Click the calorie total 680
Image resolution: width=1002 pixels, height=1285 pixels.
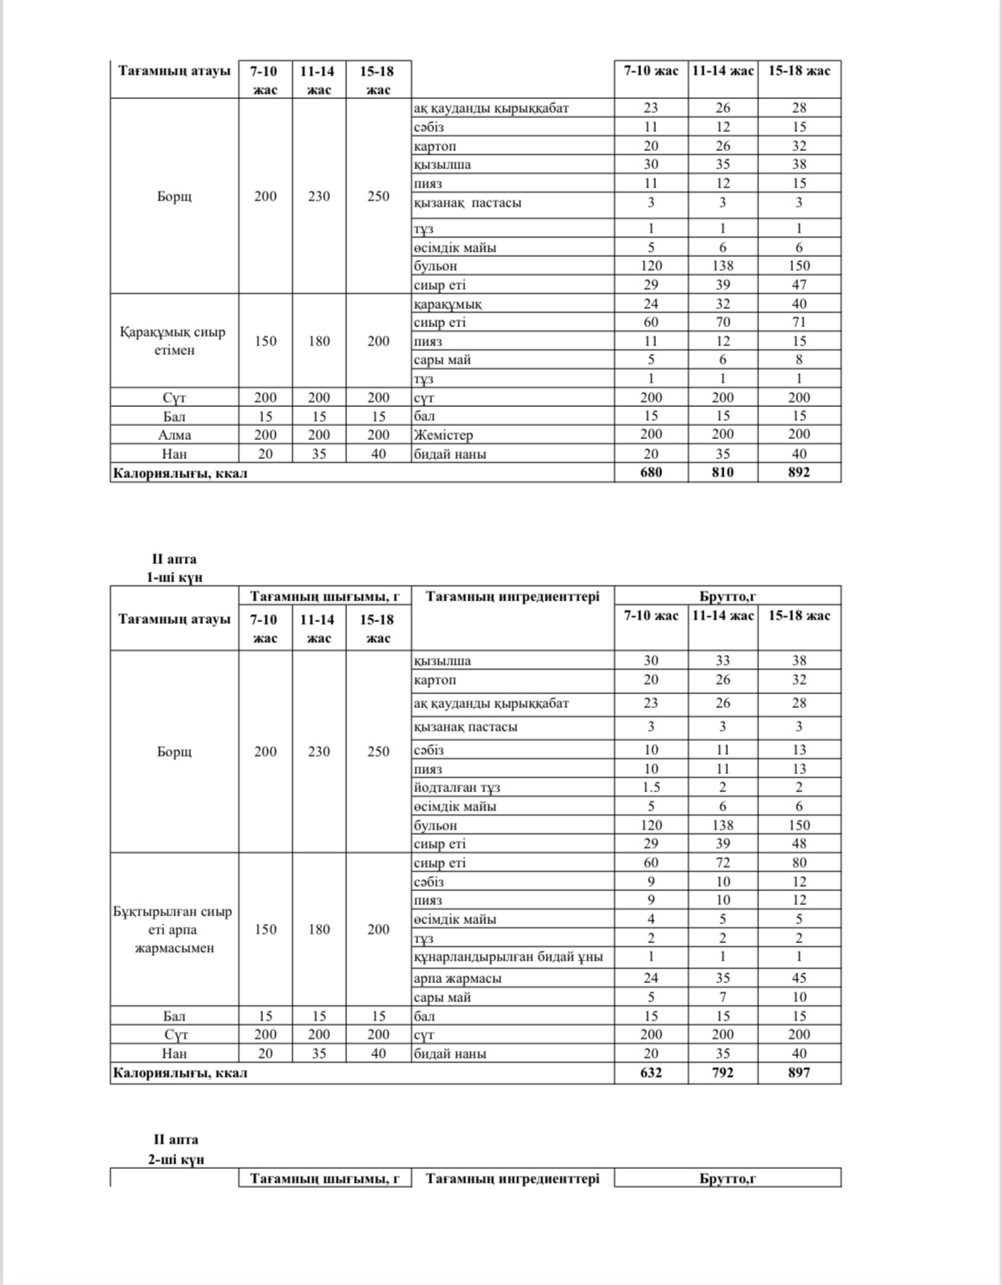pos(651,473)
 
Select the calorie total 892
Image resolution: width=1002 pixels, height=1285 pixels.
pos(799,473)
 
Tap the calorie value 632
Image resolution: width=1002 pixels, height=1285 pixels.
pos(651,1073)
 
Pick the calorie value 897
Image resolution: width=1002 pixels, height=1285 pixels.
pos(799,1073)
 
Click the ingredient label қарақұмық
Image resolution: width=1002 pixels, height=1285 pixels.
pos(448,304)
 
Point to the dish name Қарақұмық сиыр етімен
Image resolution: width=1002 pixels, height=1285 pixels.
pos(174,341)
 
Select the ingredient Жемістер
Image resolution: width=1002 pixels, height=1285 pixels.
pos(442,435)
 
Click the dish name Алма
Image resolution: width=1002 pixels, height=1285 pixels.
pos(174,435)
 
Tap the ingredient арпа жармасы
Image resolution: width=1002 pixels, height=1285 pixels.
pos(457,978)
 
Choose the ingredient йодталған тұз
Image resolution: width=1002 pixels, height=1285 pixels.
pos(456,788)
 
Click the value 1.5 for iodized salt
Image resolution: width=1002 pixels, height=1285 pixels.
pos(651,788)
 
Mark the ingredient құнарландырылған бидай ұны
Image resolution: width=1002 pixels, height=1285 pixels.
pos(508,957)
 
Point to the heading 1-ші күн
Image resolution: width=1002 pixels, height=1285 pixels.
pos(174,578)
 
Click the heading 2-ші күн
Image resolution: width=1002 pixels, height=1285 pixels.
pos(175,1159)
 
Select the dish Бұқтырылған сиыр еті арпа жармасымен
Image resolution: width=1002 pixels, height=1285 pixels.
pos(174,929)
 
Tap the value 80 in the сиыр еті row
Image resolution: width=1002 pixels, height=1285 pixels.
pos(799,862)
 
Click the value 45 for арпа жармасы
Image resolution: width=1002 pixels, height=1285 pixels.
pos(799,978)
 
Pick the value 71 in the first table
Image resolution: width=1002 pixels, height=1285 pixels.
pos(799,323)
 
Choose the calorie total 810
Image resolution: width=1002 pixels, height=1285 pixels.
pos(723,473)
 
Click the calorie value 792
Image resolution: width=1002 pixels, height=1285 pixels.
pos(723,1073)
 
